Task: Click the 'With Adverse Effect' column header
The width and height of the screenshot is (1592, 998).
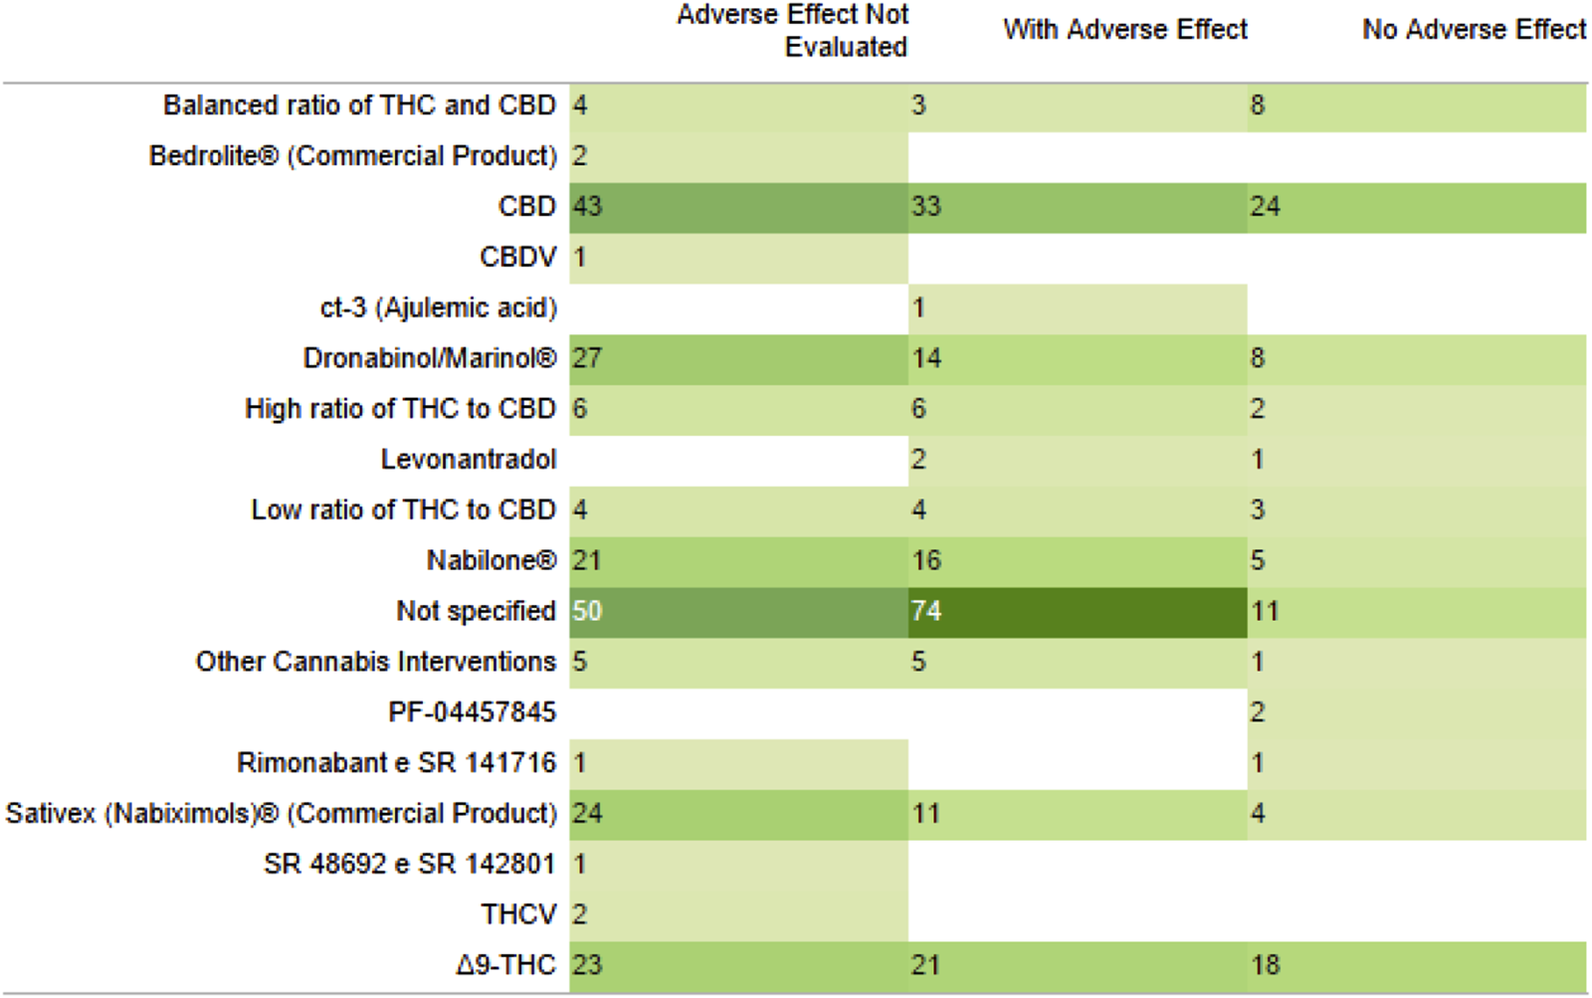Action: point(1124,30)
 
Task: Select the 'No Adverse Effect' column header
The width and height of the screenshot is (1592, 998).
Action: point(1474,30)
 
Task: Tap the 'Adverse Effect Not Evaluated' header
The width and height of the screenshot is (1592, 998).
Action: point(793,30)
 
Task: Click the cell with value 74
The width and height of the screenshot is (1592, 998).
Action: point(926,611)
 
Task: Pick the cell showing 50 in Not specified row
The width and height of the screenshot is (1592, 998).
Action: point(587,611)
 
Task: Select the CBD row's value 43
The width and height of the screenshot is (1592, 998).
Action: point(587,206)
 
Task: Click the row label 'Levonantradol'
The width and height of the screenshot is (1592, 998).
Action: point(468,460)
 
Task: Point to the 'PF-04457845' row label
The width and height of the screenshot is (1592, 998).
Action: point(472,712)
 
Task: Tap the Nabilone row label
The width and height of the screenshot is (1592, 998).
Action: point(491,560)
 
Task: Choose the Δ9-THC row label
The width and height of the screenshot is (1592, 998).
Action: point(505,965)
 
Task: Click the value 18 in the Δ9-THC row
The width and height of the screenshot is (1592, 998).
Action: point(1265,965)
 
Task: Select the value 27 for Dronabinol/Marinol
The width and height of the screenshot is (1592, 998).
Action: point(587,358)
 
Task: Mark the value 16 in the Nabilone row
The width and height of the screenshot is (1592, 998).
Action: point(926,560)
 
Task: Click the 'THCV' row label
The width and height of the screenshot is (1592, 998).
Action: point(518,914)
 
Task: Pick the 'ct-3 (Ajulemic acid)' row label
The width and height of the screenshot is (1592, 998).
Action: point(438,308)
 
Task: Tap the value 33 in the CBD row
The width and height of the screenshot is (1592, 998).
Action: point(926,206)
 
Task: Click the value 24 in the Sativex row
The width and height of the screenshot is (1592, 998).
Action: point(587,814)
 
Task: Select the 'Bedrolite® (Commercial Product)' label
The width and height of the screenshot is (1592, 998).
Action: point(352,156)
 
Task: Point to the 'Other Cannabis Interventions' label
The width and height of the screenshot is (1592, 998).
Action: point(375,662)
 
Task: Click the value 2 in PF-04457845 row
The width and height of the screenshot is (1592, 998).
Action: point(1258,712)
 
